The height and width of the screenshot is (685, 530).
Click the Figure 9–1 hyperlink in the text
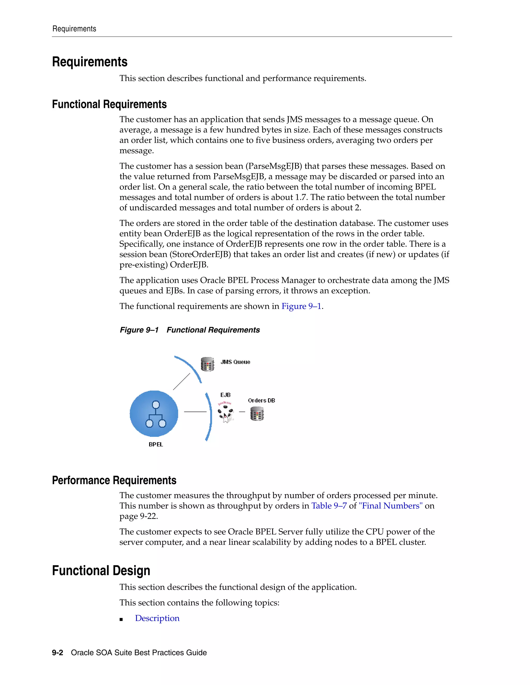301,306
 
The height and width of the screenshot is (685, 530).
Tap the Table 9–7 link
329,506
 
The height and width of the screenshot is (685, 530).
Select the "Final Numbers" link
390,506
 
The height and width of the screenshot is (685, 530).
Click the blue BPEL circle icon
154,413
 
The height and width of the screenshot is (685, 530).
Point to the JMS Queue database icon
207,364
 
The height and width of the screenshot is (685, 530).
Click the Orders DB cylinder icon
257,414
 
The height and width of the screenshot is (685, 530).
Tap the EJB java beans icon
226,413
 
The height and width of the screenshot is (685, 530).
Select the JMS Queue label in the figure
235,362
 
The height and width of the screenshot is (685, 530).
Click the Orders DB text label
261,400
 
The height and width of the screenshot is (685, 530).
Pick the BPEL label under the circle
156,444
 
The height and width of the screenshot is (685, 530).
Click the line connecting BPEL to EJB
195,412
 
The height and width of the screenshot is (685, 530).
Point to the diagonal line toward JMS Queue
181,381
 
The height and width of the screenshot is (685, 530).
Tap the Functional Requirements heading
109,104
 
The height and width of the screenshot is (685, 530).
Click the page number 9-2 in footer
57,652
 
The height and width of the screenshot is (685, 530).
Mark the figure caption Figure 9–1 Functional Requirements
190,330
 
